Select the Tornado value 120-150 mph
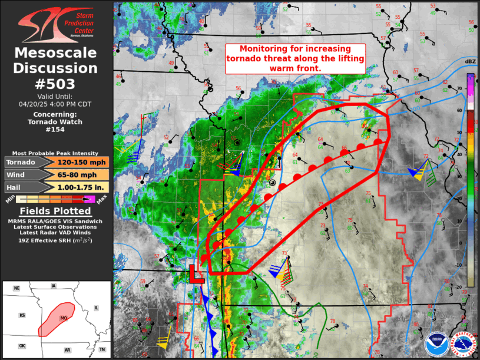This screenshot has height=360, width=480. [x=82, y=163]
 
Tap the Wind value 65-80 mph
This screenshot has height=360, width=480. [x=82, y=174]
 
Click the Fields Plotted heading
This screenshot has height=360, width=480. [x=56, y=211]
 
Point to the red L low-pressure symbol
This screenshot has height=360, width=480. [x=195, y=275]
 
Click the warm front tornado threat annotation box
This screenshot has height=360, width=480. [x=295, y=58]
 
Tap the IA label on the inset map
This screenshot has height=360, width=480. [x=54, y=286]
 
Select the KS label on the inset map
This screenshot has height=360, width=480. [x=22, y=316]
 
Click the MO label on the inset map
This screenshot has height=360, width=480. [x=64, y=318]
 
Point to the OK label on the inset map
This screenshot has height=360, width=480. [x=22, y=346]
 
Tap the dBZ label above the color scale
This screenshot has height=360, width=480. [x=470, y=62]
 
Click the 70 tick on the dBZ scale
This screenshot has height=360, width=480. [x=460, y=88]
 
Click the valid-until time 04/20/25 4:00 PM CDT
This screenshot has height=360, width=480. [x=56, y=103]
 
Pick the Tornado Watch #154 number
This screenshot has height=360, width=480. [x=56, y=129]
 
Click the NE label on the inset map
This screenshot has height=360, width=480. [x=16, y=288]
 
